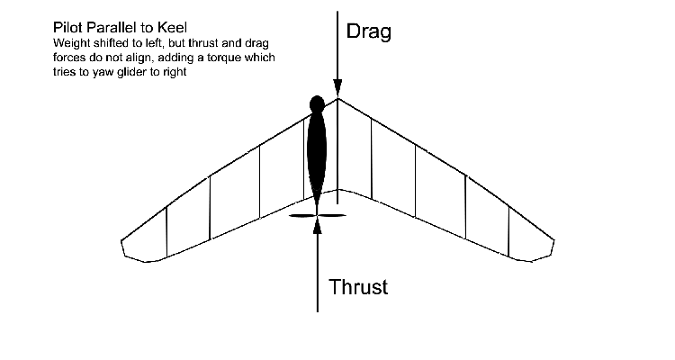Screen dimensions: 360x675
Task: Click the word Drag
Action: tap(371, 33)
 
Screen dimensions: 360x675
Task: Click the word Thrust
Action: tap(358, 288)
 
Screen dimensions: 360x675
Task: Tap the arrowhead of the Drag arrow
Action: tap(337, 91)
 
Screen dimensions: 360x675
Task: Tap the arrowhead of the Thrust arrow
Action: tap(317, 224)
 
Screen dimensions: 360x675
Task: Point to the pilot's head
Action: tap(316, 103)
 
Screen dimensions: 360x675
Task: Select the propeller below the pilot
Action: tap(317, 215)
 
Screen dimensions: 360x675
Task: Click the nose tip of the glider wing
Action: tap(337, 98)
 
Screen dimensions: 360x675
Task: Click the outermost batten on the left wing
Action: tap(166, 231)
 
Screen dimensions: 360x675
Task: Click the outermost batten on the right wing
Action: tap(508, 231)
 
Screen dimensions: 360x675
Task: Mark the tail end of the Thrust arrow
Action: tap(317, 310)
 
